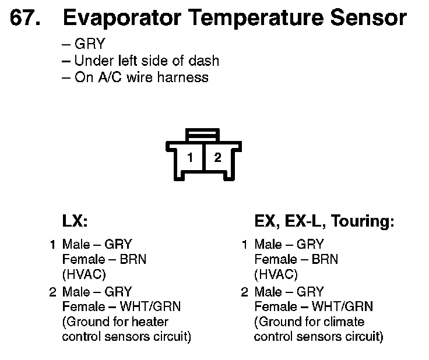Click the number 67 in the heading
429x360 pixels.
[x=24, y=19]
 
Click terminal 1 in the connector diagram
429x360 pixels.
[x=190, y=157]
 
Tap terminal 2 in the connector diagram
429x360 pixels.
[x=217, y=157]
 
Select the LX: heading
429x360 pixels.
[x=75, y=221]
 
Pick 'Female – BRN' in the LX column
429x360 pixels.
[x=104, y=260]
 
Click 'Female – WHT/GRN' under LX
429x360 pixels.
[x=121, y=306]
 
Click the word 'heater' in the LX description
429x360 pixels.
[x=150, y=322]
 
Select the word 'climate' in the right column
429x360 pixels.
[x=343, y=322]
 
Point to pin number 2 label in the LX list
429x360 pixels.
[x=52, y=291]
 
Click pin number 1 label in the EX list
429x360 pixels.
[x=245, y=245]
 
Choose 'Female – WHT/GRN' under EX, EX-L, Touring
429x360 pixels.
[x=314, y=306]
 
